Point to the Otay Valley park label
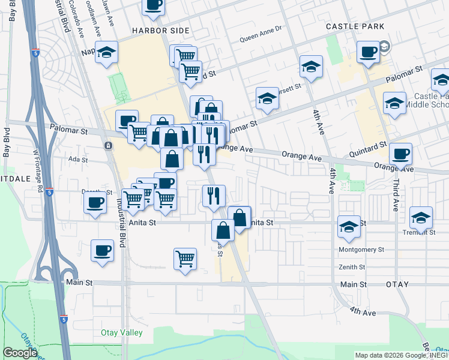pyautogui.click(x=121, y=332)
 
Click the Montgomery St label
pyautogui.click(x=361, y=249)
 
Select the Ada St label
pyautogui.click(x=78, y=160)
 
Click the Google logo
pyautogui.click(x=20, y=353)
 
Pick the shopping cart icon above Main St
pyautogui.click(x=185, y=259)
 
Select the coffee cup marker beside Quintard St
pyautogui.click(x=400, y=153)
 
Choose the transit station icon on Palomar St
pyautogui.click(x=108, y=145)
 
